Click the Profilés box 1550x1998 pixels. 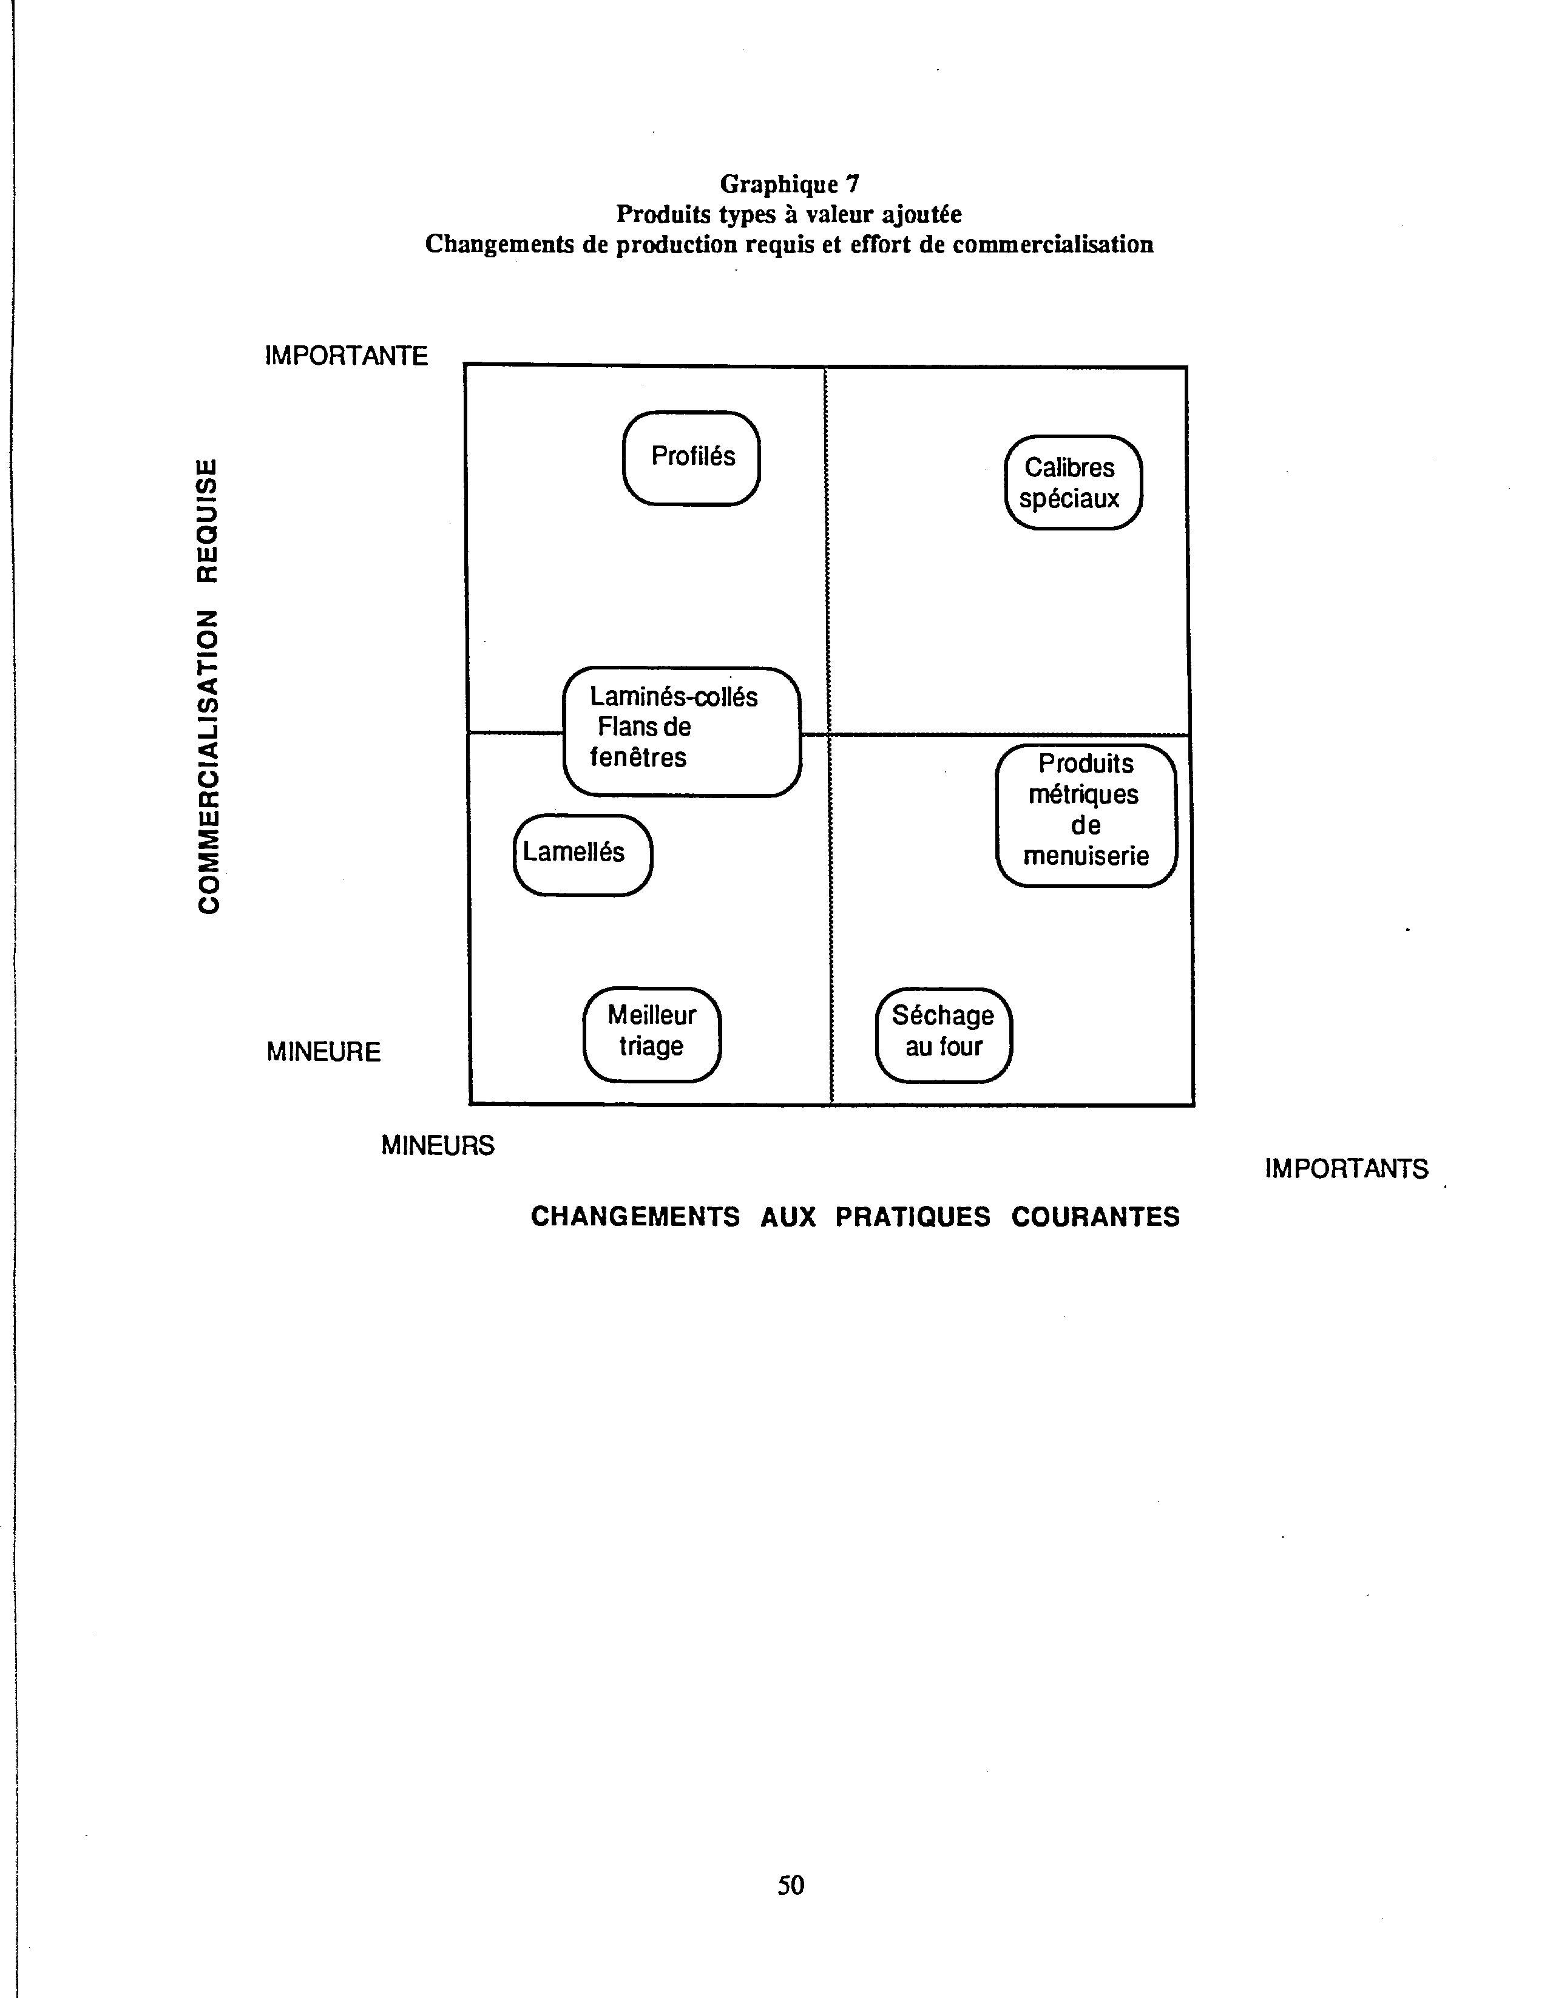(x=692, y=458)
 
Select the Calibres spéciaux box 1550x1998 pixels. (x=1074, y=482)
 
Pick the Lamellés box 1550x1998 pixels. (x=583, y=855)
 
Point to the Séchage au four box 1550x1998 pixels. (x=943, y=1035)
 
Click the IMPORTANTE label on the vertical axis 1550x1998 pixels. (x=346, y=356)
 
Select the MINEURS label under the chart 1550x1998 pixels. (x=438, y=1145)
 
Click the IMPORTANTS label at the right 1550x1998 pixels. (x=1346, y=1169)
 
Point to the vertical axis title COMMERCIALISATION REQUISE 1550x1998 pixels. (x=209, y=685)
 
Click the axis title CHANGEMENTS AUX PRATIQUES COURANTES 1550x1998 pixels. (x=856, y=1217)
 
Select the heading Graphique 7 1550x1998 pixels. (x=790, y=184)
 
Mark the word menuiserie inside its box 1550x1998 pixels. (x=1086, y=856)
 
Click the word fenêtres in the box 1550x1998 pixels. (x=638, y=757)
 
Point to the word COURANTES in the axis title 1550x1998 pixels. (x=1095, y=1217)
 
